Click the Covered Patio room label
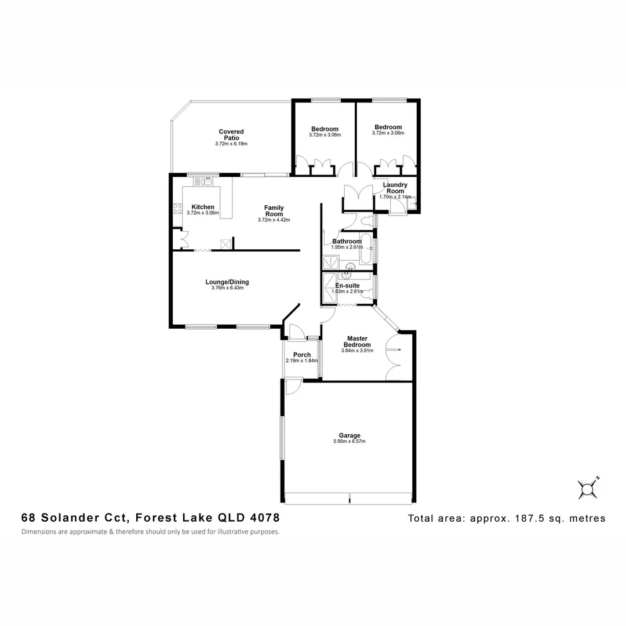tap(231, 135)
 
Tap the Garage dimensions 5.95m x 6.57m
tap(350, 442)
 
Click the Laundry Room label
tap(395, 188)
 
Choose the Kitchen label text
tap(203, 207)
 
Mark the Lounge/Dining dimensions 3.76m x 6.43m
tap(227, 288)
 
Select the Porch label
tap(302, 355)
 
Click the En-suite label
tap(348, 285)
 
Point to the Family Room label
tap(274, 211)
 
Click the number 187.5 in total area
tap(527, 518)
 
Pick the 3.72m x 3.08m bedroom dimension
tap(388, 133)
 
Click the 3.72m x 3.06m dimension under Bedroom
tap(325, 135)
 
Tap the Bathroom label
tap(347, 241)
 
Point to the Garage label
tap(350, 435)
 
